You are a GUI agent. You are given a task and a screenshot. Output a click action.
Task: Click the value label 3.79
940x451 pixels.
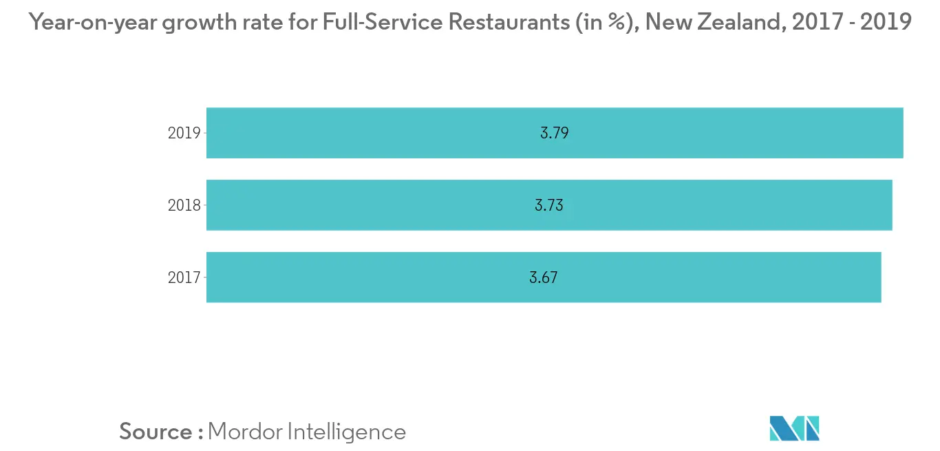(x=554, y=134)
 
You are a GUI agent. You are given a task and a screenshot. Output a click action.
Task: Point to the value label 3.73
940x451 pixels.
(x=548, y=205)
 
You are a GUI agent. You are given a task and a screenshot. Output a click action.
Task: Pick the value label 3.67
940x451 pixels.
(x=543, y=277)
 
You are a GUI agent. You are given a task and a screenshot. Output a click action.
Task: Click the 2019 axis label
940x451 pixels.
(x=183, y=134)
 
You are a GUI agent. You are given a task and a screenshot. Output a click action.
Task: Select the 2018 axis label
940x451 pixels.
(x=183, y=205)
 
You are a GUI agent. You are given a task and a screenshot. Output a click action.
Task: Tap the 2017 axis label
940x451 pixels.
(x=183, y=277)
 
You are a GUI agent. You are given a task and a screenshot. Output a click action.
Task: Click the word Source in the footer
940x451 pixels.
(x=156, y=432)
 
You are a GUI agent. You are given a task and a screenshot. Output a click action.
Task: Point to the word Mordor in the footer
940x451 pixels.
(x=244, y=432)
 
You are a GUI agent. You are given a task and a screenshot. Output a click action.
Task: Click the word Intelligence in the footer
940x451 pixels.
(x=346, y=432)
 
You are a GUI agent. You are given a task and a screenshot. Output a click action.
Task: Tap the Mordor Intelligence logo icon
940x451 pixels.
(x=794, y=428)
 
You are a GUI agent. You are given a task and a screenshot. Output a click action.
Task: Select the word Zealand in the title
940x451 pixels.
(x=744, y=23)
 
